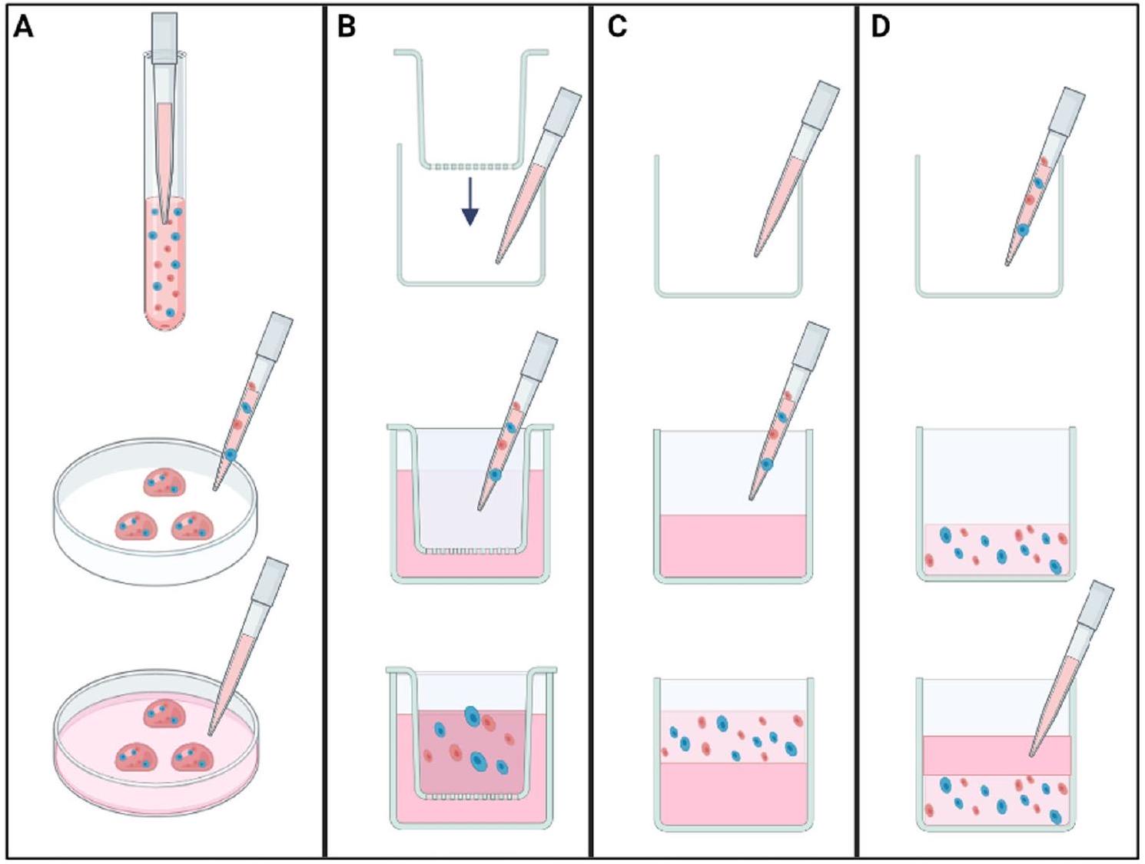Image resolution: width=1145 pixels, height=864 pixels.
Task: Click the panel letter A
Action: (24, 27)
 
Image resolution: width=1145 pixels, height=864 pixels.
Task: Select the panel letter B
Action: (347, 27)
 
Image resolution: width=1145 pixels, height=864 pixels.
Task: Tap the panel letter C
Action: (617, 27)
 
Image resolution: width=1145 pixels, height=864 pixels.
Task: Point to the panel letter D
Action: (881, 27)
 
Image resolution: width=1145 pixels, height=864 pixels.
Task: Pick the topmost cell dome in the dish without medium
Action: (164, 482)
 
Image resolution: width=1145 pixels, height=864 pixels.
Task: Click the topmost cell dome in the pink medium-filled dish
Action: (164, 713)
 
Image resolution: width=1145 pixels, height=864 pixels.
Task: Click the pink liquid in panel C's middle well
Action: (732, 545)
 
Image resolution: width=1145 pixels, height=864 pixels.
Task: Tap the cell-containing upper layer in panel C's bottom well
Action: (732, 737)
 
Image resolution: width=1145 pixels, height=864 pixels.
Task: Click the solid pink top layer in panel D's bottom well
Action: (997, 756)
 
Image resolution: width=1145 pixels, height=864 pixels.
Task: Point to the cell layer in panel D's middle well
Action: (997, 549)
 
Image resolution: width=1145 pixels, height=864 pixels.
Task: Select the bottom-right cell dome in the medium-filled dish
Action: (192, 757)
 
